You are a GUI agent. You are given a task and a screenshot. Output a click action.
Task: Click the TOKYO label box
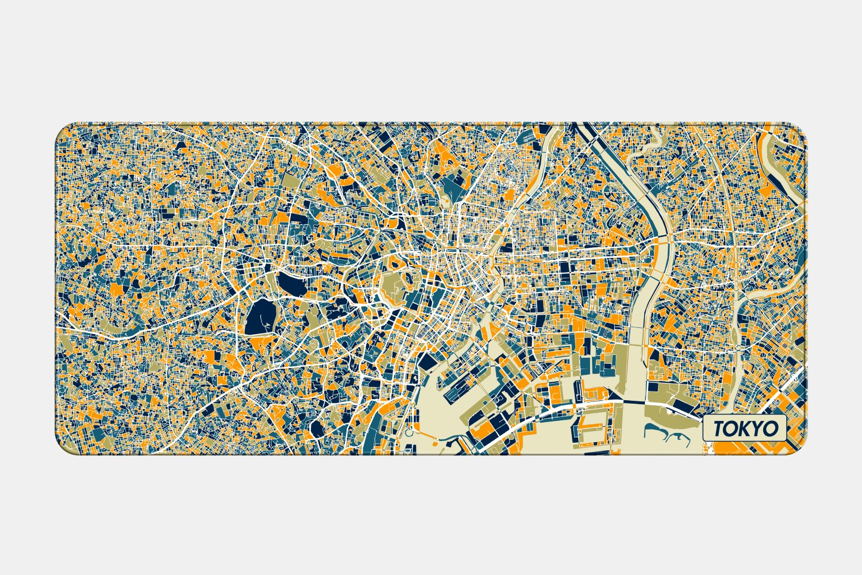click(744, 428)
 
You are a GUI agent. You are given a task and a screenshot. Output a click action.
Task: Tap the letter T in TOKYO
click(719, 428)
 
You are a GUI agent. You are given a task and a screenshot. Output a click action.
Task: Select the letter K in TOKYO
click(746, 428)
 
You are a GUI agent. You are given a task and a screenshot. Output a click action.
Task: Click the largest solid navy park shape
click(259, 317)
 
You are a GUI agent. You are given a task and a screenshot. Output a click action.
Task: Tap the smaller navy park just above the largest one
click(287, 283)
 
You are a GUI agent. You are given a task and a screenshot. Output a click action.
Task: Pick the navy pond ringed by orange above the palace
click(396, 265)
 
